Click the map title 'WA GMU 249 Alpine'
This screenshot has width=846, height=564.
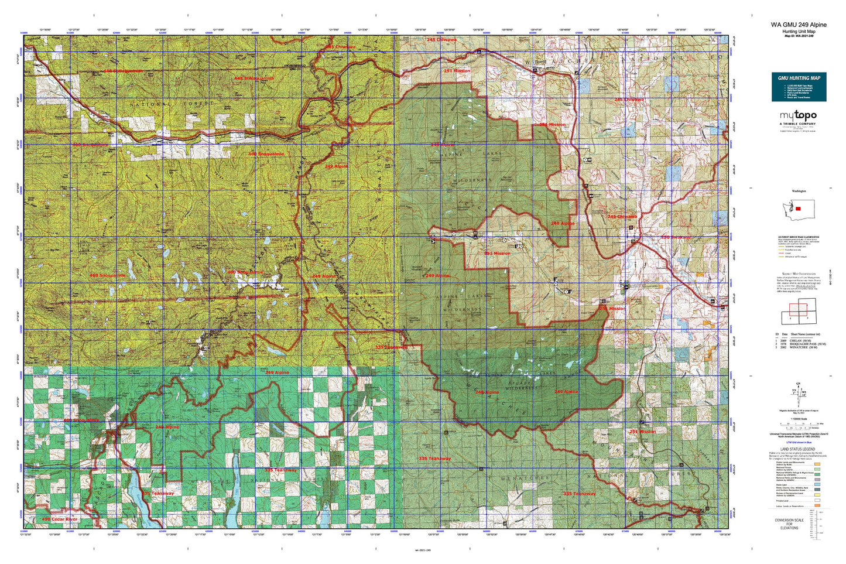(x=799, y=25)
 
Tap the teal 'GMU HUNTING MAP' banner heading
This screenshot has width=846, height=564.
(x=799, y=78)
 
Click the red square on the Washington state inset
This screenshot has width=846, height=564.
(x=797, y=208)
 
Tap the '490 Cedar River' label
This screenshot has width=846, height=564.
(x=60, y=519)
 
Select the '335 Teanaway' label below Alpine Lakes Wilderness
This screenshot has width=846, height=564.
(x=434, y=458)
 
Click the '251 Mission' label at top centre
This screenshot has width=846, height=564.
(x=457, y=71)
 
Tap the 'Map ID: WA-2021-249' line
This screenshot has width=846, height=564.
(x=799, y=36)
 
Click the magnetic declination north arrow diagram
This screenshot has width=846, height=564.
(x=798, y=392)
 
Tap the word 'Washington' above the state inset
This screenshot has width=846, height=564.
(x=799, y=192)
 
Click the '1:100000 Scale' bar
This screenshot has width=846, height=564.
(x=799, y=423)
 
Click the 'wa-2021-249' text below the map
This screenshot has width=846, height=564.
(x=422, y=551)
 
